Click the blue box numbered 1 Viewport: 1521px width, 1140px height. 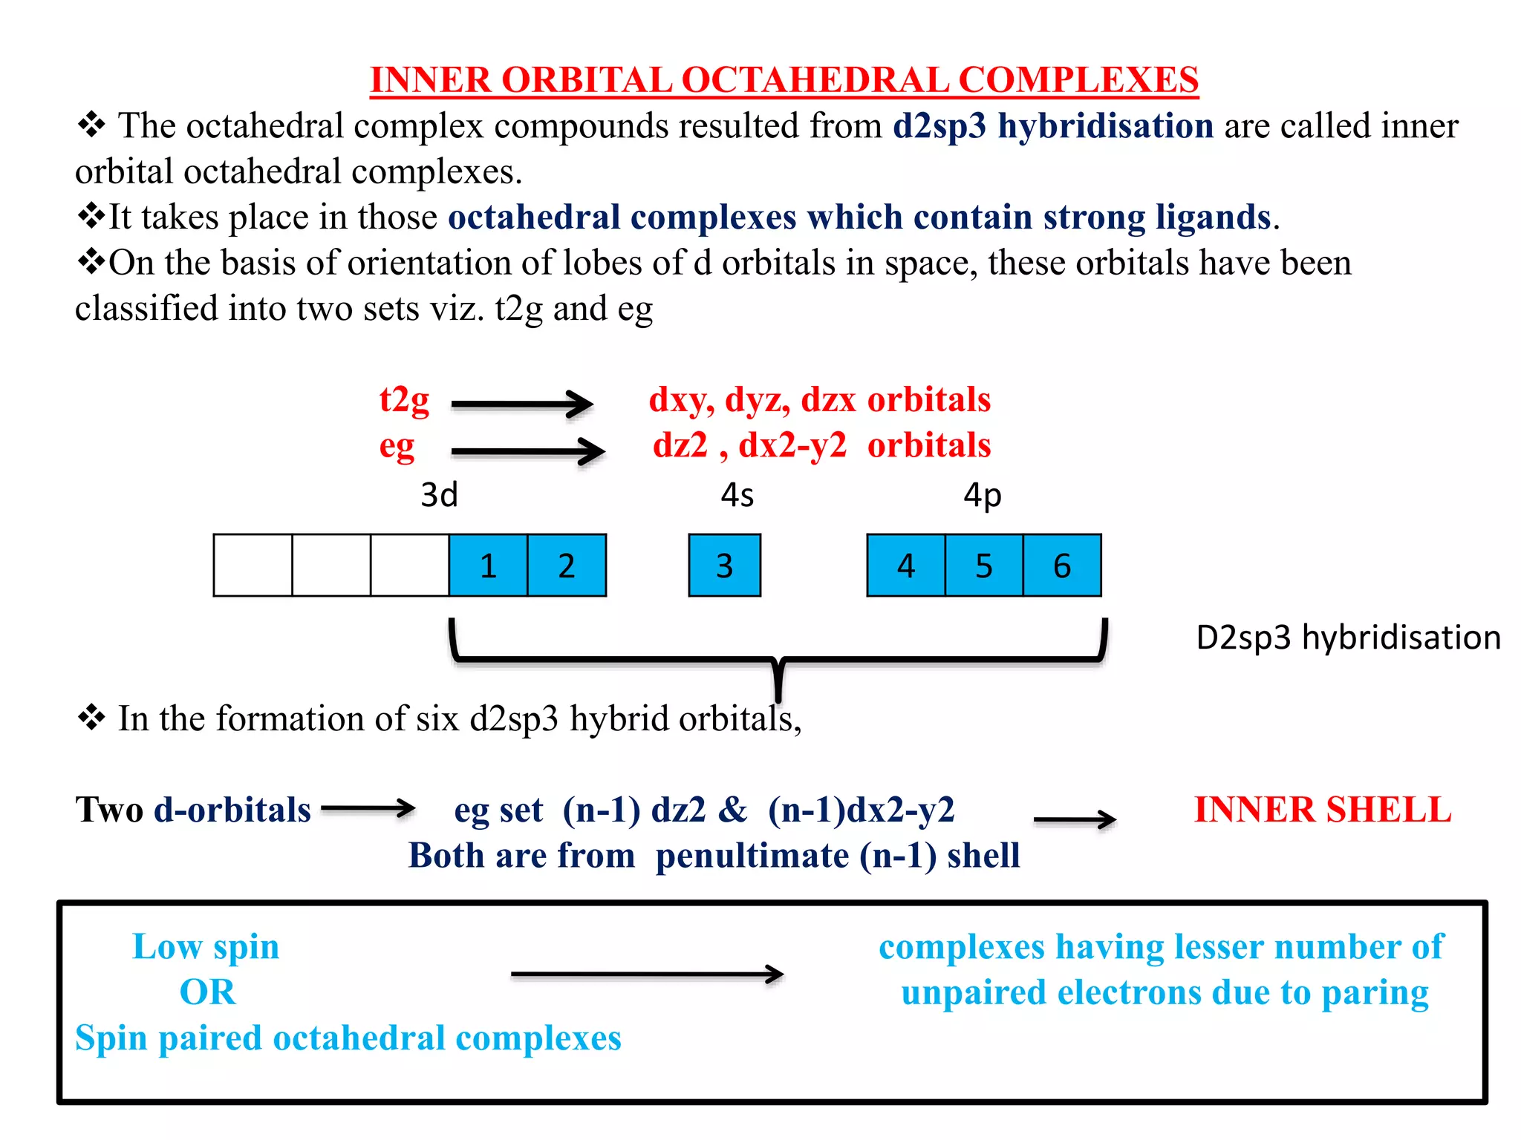coord(488,566)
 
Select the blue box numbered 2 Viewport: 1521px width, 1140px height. coord(567,566)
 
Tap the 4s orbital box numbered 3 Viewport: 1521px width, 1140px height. coord(725,566)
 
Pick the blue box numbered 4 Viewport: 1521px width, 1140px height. coord(906,566)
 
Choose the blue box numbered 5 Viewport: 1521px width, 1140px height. coord(984,566)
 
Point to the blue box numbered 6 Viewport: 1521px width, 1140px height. coord(1062,566)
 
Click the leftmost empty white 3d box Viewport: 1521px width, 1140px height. coord(253,566)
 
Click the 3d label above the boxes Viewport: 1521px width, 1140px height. coord(439,495)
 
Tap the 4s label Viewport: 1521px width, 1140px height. coord(737,495)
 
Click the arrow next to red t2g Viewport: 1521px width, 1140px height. coord(522,404)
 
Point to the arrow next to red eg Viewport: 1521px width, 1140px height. coord(528,451)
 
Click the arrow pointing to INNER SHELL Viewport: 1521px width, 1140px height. coord(1075,819)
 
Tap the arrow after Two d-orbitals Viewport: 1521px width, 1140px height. coord(368,808)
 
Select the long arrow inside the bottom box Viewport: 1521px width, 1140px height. coord(647,974)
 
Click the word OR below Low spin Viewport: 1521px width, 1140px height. coord(208,992)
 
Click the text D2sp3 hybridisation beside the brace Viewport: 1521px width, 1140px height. coord(1348,638)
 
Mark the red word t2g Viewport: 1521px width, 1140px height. coord(404,401)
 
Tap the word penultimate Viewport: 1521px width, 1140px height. coord(752,856)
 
